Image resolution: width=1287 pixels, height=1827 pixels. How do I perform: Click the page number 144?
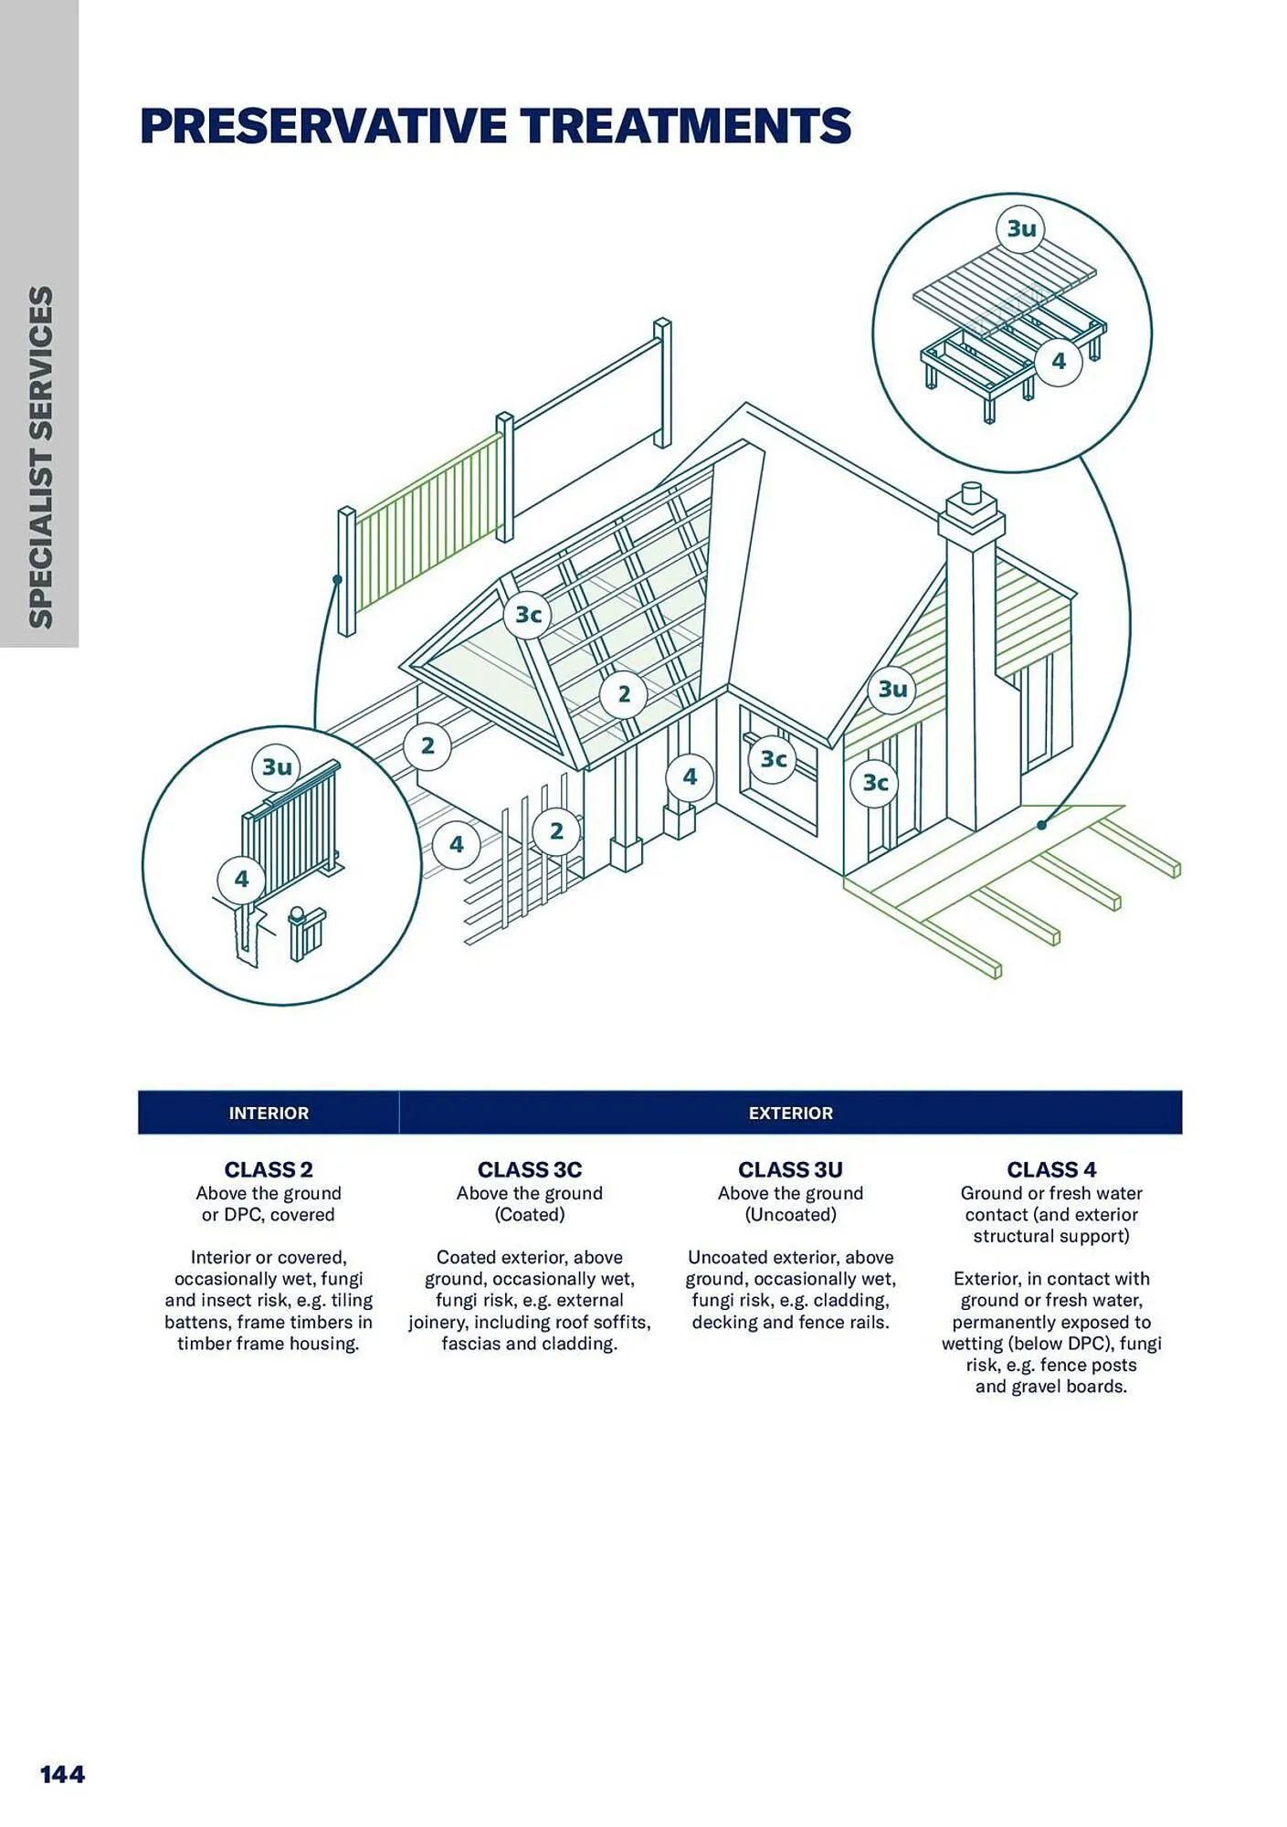[x=62, y=1774]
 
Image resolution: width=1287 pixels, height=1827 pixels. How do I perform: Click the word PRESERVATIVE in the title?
[x=322, y=126]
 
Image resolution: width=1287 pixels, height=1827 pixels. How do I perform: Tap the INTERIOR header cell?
[x=269, y=1113]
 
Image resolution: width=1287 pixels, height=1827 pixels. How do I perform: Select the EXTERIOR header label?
[x=790, y=1113]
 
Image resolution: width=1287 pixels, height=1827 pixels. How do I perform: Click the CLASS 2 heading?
[x=269, y=1169]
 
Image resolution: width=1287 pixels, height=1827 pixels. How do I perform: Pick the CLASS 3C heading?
[x=529, y=1169]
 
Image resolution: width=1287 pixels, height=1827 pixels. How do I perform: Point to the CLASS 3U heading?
[x=790, y=1169]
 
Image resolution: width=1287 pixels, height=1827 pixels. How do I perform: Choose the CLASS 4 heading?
[x=1051, y=1169]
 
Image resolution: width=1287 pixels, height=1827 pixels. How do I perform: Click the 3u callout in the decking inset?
[x=1021, y=227]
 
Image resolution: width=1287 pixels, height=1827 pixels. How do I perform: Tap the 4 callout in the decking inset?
[x=1058, y=361]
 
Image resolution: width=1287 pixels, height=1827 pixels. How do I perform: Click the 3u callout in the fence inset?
[x=277, y=766]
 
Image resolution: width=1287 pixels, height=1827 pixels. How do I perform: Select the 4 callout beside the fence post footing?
[x=241, y=879]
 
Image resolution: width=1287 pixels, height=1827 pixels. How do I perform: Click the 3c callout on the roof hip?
[x=528, y=615]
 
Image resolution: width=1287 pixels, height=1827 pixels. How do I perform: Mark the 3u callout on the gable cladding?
[x=892, y=689]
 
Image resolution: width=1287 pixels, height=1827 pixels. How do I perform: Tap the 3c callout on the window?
[x=774, y=759]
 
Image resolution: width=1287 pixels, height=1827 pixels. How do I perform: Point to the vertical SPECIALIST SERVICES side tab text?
[x=41, y=457]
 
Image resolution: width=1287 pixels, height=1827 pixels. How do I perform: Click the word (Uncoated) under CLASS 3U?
[x=790, y=1214]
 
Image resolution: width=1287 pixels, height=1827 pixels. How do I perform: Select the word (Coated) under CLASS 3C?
[x=529, y=1214]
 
